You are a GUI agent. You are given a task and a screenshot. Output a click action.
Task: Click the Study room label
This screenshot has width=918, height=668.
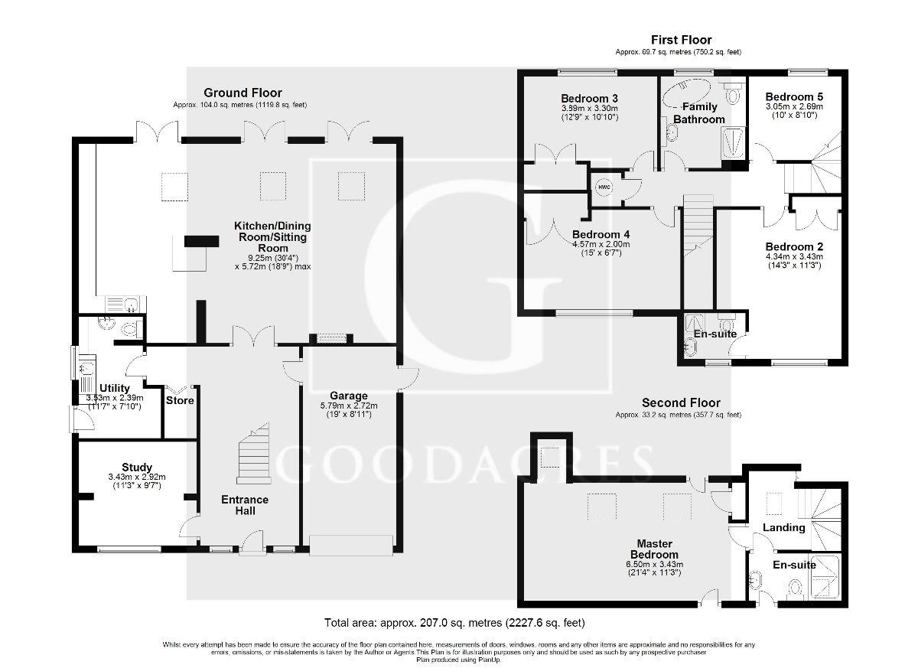(136, 467)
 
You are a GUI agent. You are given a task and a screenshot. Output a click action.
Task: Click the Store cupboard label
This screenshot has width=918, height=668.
(180, 400)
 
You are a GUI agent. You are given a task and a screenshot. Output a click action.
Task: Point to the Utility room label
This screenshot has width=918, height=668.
(116, 389)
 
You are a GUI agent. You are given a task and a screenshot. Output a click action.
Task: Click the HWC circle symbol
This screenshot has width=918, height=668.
(604, 187)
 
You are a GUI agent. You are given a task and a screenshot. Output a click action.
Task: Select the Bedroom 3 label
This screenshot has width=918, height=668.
(589, 99)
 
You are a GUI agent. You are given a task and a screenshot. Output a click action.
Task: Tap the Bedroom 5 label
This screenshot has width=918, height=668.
(794, 97)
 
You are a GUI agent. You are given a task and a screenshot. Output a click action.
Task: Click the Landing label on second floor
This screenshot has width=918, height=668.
(784, 527)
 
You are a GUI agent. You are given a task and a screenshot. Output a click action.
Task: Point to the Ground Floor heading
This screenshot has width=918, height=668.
(242, 93)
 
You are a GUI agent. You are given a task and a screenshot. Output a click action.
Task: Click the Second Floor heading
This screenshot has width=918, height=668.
(680, 402)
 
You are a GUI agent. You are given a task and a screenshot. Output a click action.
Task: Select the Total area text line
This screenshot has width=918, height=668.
(455, 622)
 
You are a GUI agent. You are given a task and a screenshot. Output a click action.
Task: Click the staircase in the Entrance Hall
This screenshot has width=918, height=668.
(255, 455)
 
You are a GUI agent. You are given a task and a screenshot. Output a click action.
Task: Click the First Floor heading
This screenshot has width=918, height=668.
(681, 40)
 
